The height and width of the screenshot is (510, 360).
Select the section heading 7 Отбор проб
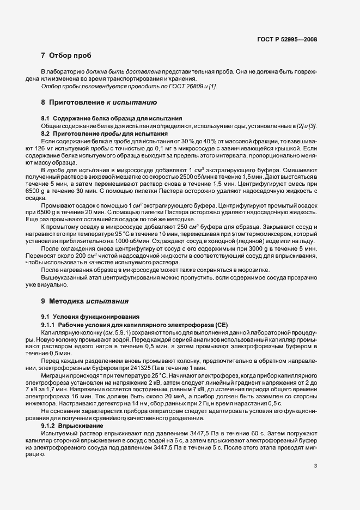click(x=66, y=56)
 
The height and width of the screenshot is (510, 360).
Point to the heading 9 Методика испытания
click(x=84, y=300)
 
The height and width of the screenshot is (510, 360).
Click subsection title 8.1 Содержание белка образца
click(x=112, y=118)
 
